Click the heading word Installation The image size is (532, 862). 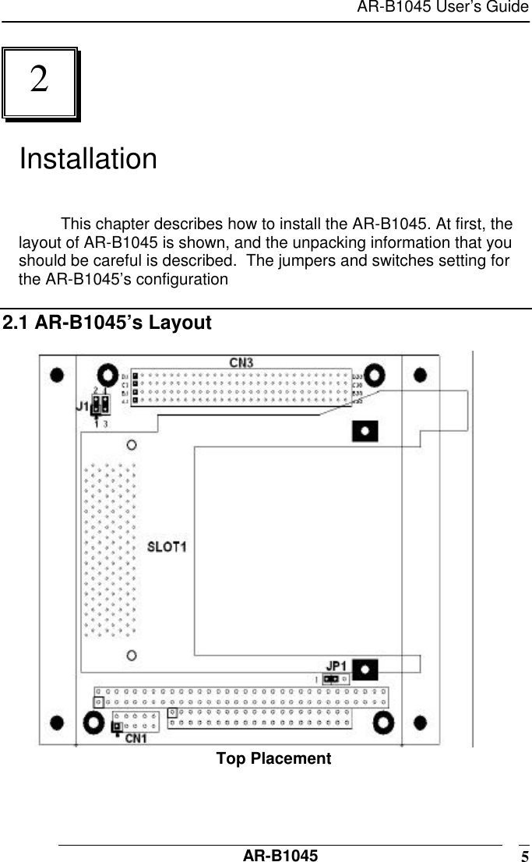87,159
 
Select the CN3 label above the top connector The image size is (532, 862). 241,362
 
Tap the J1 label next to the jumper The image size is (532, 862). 82,406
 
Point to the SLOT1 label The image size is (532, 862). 167,546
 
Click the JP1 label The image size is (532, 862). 336,666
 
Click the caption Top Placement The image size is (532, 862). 273,759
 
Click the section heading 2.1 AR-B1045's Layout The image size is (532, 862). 107,323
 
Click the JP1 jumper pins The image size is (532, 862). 332,679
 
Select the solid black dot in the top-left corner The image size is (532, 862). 57,375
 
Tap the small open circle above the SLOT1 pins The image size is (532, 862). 132,444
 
